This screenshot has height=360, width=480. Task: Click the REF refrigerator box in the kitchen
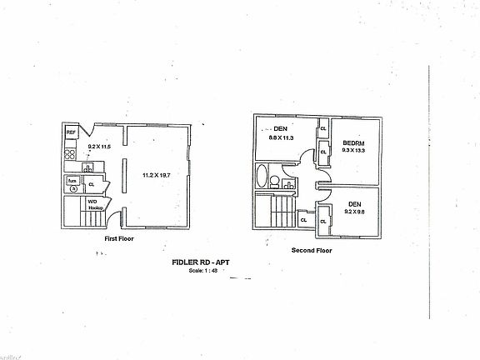pyautogui.click(x=71, y=132)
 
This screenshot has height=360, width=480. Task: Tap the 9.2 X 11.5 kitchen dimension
pyautogui.click(x=99, y=147)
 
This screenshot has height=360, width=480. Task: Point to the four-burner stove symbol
pyautogui.click(x=70, y=153)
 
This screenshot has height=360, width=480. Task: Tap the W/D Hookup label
pyautogui.click(x=94, y=203)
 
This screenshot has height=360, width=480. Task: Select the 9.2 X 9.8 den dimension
pyautogui.click(x=353, y=211)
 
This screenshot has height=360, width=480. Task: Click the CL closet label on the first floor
pyautogui.click(x=92, y=185)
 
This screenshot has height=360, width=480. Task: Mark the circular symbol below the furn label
pyautogui.click(x=73, y=189)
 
